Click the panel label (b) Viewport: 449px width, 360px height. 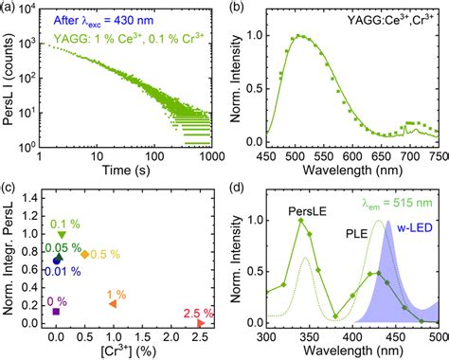coord(239,9)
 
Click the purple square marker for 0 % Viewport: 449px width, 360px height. coord(56,311)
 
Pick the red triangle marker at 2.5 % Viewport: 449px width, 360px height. coord(200,323)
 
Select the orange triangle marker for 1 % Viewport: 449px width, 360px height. coord(113,303)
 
